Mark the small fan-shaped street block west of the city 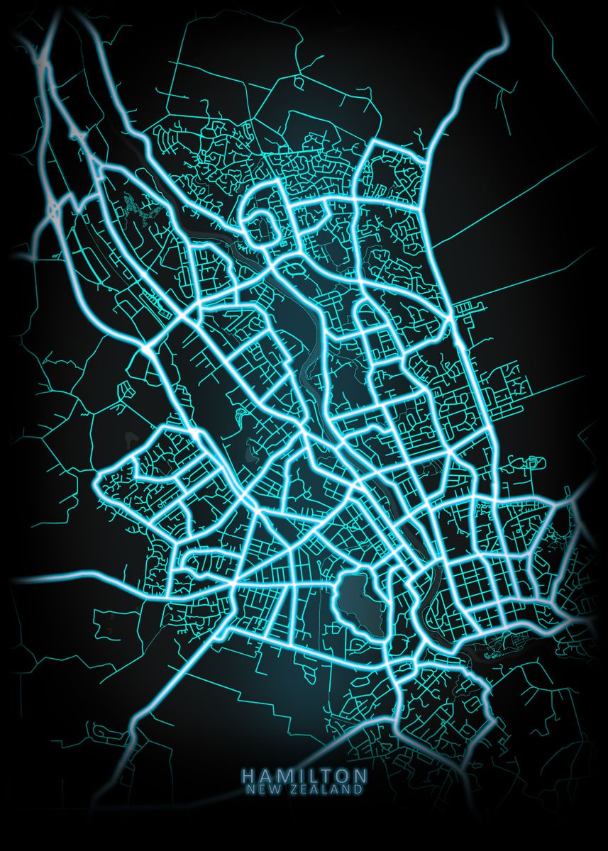click(126, 389)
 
